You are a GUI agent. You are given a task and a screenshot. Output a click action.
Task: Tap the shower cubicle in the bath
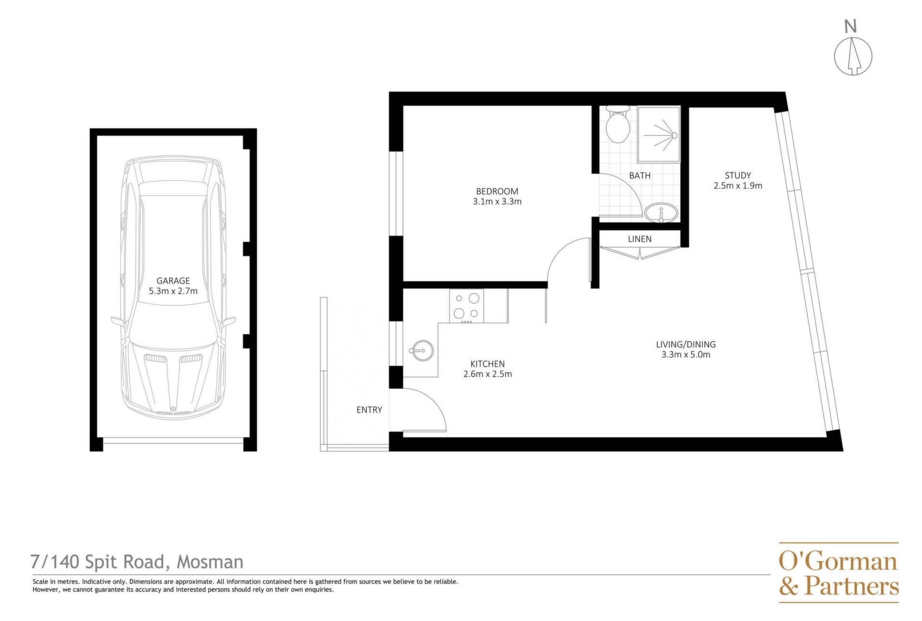[659, 134]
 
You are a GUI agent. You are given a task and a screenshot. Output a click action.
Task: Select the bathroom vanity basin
[661, 212]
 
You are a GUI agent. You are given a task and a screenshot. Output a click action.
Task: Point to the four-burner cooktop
[466, 306]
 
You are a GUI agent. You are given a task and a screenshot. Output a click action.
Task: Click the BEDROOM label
[497, 191]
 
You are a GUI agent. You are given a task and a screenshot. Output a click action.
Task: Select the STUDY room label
[738, 175]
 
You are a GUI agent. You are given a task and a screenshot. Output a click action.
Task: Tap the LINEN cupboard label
[640, 239]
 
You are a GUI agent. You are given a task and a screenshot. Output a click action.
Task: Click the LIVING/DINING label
[686, 344]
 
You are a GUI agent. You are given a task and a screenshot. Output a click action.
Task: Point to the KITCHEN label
[487, 364]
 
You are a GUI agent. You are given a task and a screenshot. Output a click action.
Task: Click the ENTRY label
[369, 410]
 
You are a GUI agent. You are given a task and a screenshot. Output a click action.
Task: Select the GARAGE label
[173, 281]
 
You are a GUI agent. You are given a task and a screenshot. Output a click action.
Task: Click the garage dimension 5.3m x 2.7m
[173, 291]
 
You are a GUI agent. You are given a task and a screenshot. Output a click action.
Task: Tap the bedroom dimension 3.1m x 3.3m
[497, 201]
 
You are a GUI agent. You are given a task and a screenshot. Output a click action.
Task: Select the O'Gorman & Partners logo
[838, 573]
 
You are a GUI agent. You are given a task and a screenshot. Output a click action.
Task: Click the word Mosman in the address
[210, 561]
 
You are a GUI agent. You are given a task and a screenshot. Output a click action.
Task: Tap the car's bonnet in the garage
[173, 380]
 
